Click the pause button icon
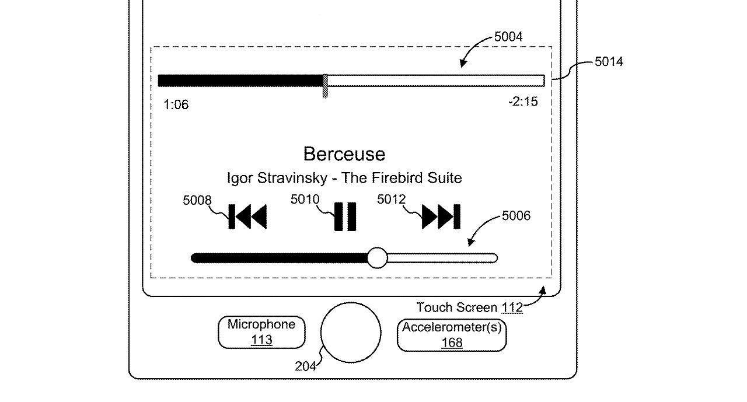345,216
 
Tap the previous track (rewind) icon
247,216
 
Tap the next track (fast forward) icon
441,216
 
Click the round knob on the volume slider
377,258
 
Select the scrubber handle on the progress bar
325,86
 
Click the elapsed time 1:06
176,104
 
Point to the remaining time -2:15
523,102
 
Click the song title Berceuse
344,154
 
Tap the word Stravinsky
292,178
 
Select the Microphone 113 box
261,333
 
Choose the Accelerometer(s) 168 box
452,335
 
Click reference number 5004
508,37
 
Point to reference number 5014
609,62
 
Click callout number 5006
516,216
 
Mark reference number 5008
197,200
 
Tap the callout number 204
305,366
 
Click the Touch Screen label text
456,307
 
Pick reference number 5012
391,199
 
